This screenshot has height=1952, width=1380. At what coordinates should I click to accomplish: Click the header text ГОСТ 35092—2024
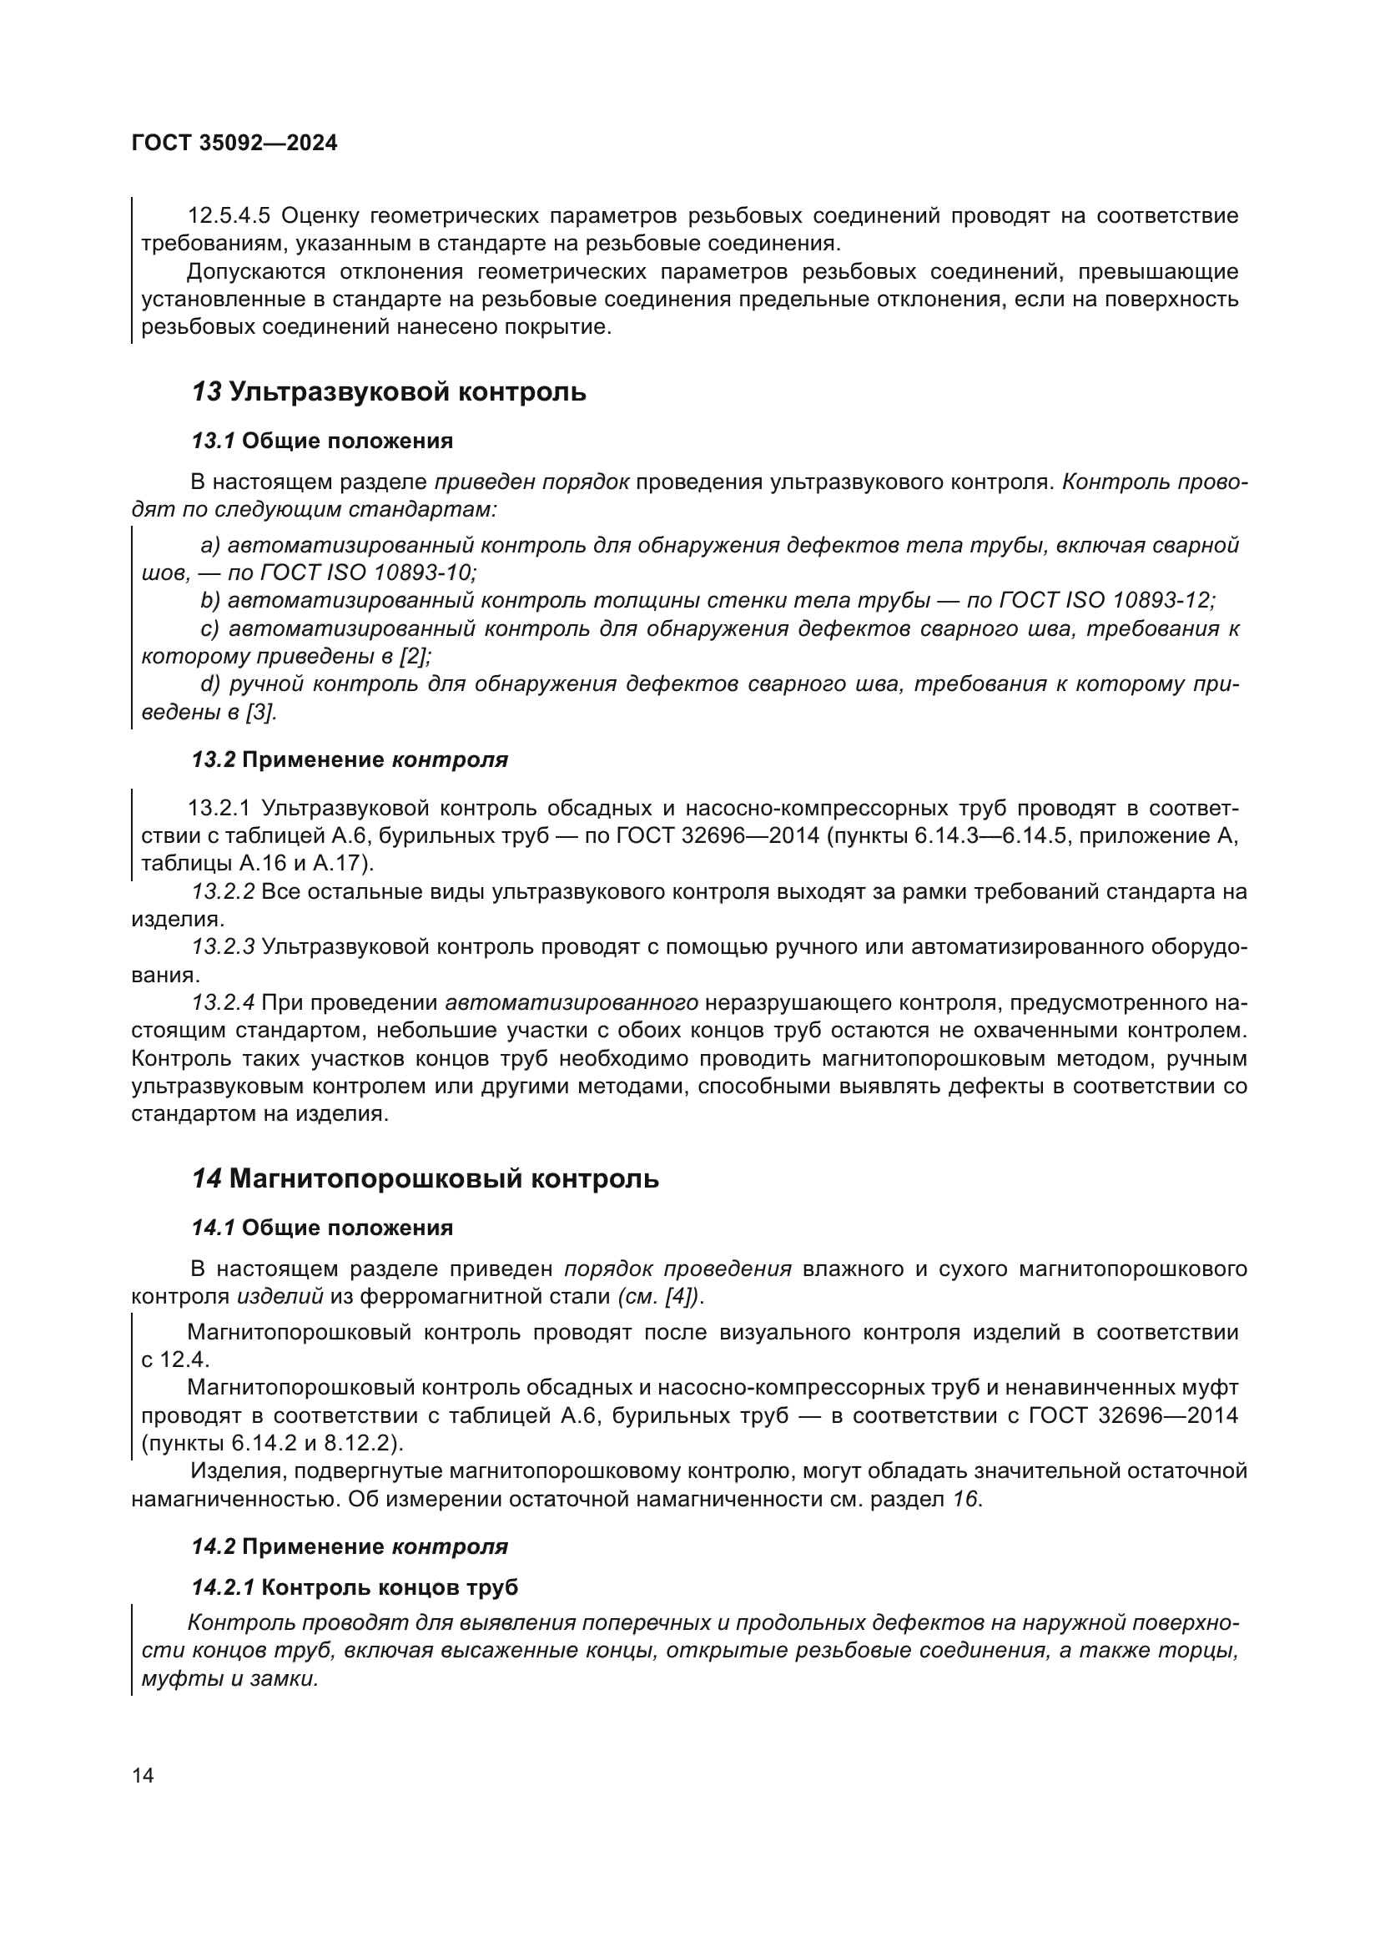(x=234, y=143)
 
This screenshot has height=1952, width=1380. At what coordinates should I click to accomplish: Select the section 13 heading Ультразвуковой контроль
(x=388, y=392)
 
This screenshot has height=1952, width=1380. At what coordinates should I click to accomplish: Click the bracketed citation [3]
(x=260, y=712)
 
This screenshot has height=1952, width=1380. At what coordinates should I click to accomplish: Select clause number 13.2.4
(x=223, y=1003)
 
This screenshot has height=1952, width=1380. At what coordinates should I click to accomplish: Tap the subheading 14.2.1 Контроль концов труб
(x=355, y=1587)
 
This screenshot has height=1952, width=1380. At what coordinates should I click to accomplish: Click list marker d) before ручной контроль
(x=210, y=684)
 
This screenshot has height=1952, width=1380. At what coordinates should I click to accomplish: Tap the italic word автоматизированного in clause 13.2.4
(x=571, y=1003)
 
